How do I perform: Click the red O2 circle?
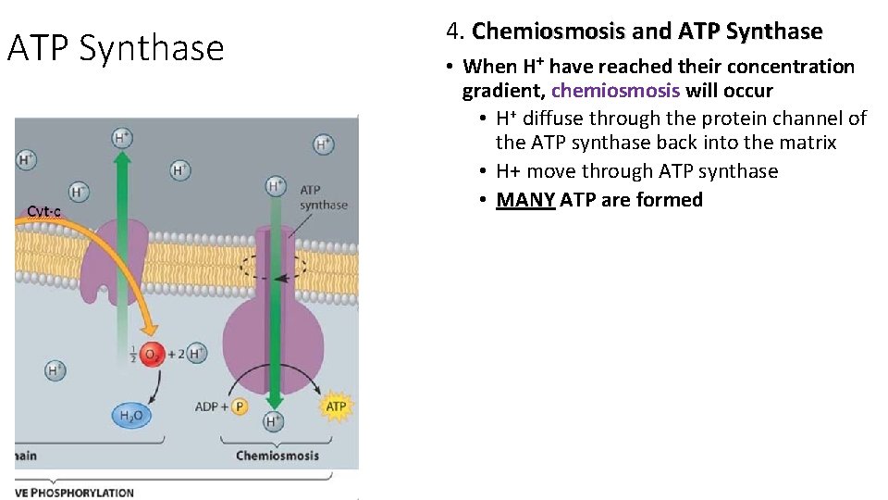pos(154,354)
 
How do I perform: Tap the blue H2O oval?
pos(133,416)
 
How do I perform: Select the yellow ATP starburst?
pos(336,406)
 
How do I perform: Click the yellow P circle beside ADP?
pos(239,406)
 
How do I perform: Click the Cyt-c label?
pos(43,211)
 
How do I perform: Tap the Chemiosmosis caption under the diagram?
pos(277,456)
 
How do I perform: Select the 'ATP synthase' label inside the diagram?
pos(323,197)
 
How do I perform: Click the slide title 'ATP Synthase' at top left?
pos(116,48)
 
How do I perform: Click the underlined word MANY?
pos(525,200)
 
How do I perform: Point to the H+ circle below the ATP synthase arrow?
pos(274,422)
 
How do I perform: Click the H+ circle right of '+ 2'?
pos(196,353)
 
